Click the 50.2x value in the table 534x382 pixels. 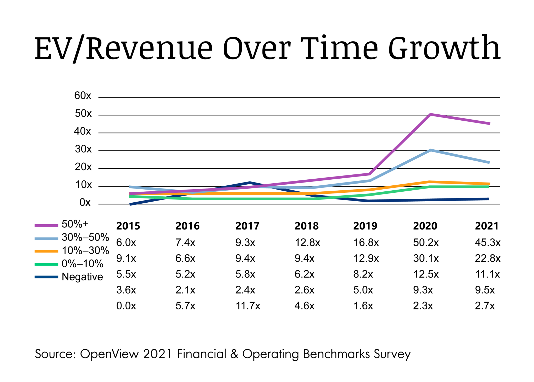[426, 243]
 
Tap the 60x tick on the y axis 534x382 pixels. [83, 96]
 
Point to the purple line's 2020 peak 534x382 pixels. [430, 114]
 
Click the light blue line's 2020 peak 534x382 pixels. [431, 150]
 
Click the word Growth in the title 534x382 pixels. [444, 48]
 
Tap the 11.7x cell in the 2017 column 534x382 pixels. [248, 306]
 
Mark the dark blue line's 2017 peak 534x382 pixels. [250, 183]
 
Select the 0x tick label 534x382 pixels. [85, 203]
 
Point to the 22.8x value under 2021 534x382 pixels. [487, 258]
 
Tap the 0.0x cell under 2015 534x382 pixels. [126, 306]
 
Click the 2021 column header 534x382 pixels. [487, 226]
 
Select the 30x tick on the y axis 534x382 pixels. [83, 149]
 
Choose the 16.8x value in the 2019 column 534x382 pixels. [366, 243]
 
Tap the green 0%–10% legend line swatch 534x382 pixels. [46, 264]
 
